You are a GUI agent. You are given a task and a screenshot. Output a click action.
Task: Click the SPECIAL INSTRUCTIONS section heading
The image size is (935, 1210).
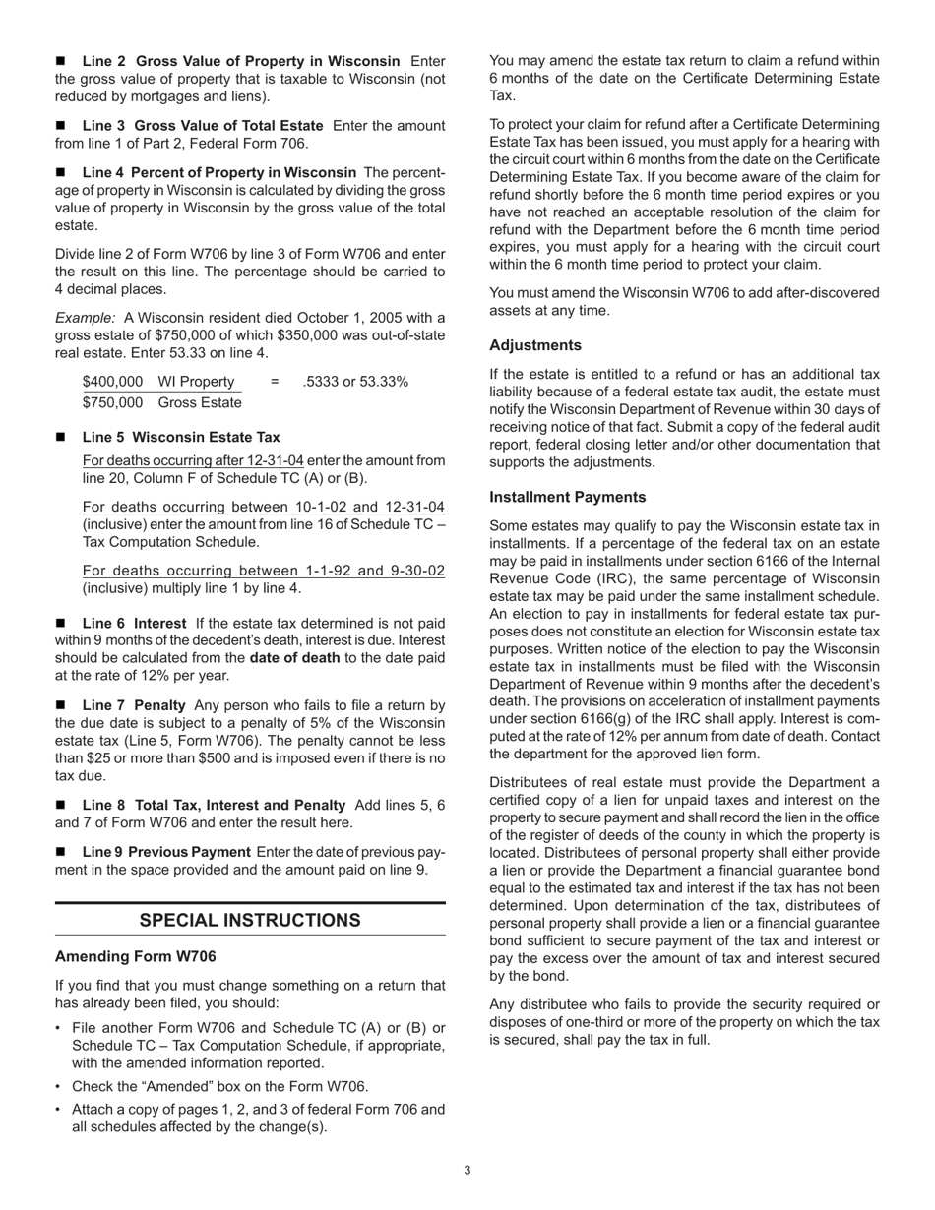250,920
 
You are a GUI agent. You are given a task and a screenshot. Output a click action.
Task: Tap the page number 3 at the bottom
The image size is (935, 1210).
467,1170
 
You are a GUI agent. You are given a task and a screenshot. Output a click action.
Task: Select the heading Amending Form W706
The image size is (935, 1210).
135,956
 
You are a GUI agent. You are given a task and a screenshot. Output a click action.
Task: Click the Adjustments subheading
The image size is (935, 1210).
535,345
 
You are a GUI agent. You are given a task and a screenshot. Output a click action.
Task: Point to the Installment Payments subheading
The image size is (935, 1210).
568,497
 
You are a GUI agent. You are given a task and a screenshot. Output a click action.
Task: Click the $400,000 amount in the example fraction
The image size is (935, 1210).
112,382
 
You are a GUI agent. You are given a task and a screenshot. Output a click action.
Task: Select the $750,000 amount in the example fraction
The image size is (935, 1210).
112,402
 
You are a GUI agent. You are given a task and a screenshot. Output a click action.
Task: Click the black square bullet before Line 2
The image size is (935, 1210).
62,62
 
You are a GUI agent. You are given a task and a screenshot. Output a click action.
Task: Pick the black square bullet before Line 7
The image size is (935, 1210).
62,705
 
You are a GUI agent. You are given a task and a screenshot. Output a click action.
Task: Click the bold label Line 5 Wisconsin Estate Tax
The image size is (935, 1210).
181,437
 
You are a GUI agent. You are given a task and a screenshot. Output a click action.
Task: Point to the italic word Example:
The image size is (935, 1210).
85,318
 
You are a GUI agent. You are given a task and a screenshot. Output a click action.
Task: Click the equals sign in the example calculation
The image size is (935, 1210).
275,382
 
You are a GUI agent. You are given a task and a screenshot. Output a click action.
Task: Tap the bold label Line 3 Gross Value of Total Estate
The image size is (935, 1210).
203,126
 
